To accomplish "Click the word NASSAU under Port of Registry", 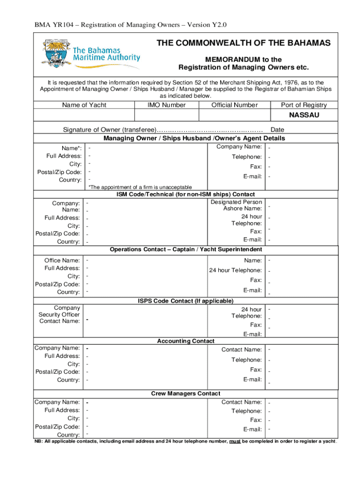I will pos(303,115).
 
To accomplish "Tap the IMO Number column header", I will pos(166,105).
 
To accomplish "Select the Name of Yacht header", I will pos(84,105).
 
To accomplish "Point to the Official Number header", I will pos(234,105).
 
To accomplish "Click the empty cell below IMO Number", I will pos(166,115).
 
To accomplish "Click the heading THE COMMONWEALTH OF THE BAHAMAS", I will pos(243,43).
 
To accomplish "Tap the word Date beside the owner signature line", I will pos(278,130).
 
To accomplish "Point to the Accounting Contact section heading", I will pos(186,341).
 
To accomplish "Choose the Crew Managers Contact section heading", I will pos(186,393).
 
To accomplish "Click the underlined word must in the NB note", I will pos(234,441).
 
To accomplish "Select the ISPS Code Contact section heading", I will pos(186,300).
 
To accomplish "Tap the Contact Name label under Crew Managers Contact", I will pos(241,402).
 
